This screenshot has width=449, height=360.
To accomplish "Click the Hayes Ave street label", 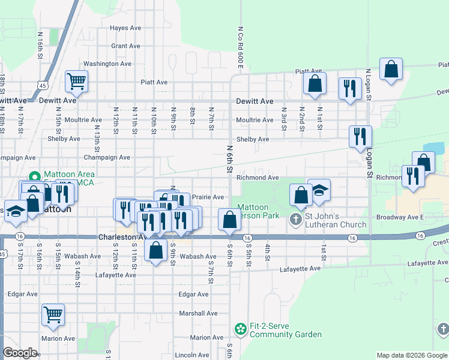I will pyautogui.click(x=125, y=28).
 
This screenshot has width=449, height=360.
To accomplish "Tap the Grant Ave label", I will pyautogui.click(x=125, y=46).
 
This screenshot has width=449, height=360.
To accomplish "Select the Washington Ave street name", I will pyautogui.click(x=107, y=64).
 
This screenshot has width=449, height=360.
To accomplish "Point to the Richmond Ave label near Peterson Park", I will pyautogui.click(x=258, y=178).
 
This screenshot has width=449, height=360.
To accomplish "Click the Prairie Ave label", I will pyautogui.click(x=208, y=197).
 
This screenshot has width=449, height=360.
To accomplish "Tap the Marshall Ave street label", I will pyautogui.click(x=197, y=313).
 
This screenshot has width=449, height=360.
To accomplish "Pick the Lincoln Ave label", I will pyautogui.click(x=192, y=355).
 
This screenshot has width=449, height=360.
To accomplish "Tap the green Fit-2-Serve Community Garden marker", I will pyautogui.click(x=241, y=329).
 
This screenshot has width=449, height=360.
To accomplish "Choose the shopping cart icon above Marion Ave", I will pyautogui.click(x=53, y=313).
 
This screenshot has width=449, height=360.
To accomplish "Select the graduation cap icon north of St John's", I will pyautogui.click(x=319, y=190).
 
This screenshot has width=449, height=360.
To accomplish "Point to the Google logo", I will pyautogui.click(x=20, y=353).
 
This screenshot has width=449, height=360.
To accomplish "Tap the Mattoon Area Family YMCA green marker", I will pyautogui.click(x=35, y=177).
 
